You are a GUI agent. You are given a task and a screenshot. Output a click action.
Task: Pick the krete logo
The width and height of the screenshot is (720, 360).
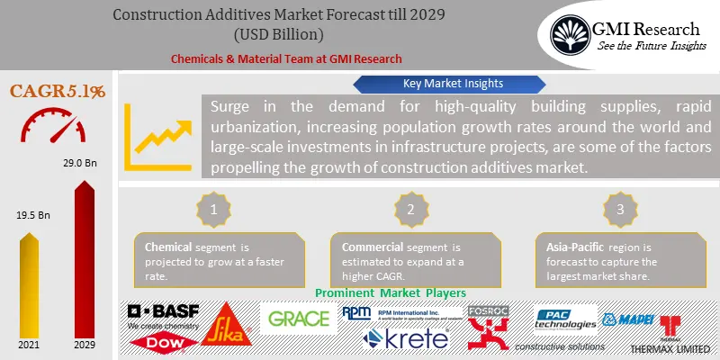pyautogui.click(x=405, y=339)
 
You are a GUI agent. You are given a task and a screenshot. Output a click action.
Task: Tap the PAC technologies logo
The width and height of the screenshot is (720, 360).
pyautogui.click(x=565, y=319)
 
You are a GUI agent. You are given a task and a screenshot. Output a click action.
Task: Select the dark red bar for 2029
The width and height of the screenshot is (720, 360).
pyautogui.click(x=85, y=261)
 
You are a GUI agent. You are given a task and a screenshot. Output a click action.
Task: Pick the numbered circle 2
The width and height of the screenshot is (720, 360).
pyautogui.click(x=409, y=209)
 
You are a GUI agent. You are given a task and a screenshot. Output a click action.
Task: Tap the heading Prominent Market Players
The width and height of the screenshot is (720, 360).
pyautogui.click(x=391, y=293)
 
